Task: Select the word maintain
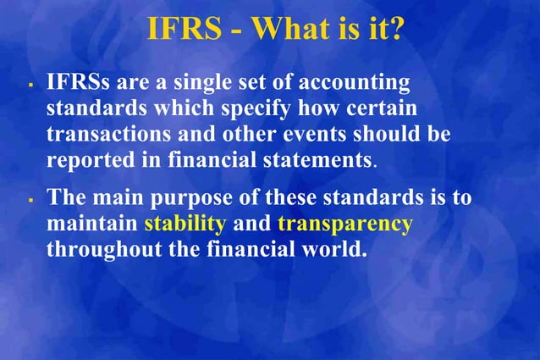tap(91, 224)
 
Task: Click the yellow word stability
tap(185, 225)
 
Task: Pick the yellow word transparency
tap(344, 226)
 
